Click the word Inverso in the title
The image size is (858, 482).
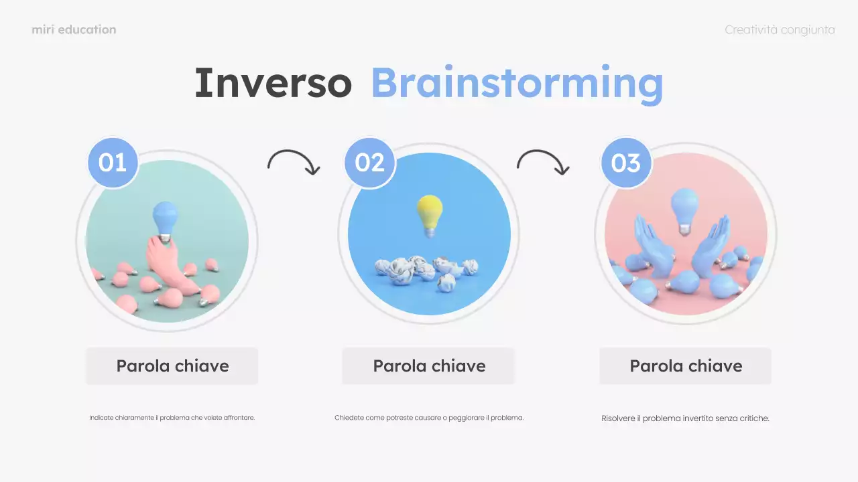(273, 83)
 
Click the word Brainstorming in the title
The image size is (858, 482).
(517, 84)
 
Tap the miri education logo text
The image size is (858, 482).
(74, 29)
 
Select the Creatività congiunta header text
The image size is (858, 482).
(780, 29)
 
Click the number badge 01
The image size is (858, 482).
(113, 163)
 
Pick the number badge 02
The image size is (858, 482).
(370, 163)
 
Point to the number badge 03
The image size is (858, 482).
(626, 163)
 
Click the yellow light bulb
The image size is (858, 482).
(430, 214)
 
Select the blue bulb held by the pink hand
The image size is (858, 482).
(164, 219)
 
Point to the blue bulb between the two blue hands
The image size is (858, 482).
(684, 209)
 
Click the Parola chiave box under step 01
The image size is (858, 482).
(172, 366)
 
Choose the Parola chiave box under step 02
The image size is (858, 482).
(429, 366)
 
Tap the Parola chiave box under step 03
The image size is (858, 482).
(686, 366)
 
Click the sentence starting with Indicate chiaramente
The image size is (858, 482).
(172, 418)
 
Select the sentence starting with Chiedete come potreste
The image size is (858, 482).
(429, 418)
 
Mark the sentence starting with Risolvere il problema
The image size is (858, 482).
(685, 418)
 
